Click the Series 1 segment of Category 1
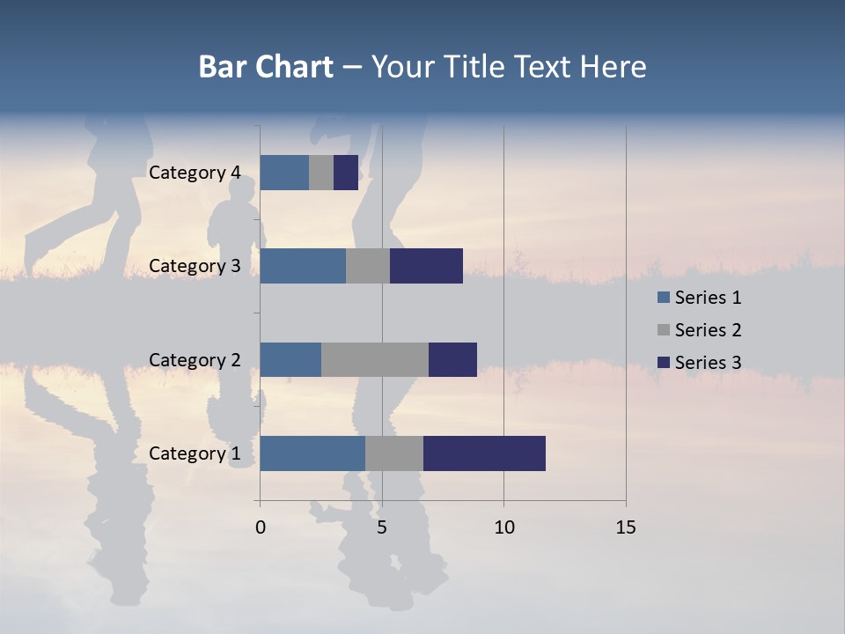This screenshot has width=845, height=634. (312, 453)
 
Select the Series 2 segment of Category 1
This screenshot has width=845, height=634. (394, 453)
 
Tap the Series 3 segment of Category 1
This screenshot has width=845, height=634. (484, 453)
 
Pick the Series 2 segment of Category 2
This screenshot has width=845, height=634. (375, 359)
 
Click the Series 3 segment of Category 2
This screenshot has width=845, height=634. (452, 359)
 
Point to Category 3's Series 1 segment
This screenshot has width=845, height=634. (303, 266)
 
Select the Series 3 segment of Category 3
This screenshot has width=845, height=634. (426, 266)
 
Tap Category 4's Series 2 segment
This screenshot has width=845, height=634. (321, 173)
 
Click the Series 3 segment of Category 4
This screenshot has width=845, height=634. (346, 173)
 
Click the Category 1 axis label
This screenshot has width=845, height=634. (195, 453)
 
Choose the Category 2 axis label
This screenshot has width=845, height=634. (195, 359)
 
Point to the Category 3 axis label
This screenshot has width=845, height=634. (195, 266)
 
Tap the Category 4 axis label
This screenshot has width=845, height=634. (195, 173)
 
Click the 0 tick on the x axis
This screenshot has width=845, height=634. (261, 527)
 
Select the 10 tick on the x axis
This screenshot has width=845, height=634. (503, 527)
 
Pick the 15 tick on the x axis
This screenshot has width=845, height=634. (626, 527)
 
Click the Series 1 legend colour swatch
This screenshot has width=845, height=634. (664, 298)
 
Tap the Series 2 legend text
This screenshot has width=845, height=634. (708, 330)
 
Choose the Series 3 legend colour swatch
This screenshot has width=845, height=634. (664, 363)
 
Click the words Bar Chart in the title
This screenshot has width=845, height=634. (266, 67)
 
